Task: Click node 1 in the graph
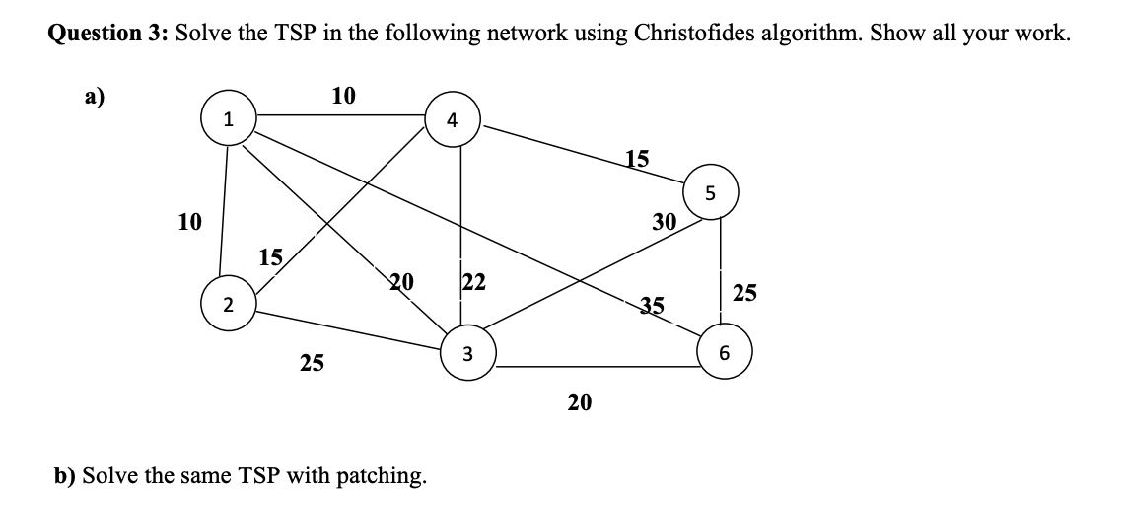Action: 228,120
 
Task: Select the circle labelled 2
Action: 227,304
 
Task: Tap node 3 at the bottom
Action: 467,353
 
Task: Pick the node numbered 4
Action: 452,120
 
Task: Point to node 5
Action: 710,193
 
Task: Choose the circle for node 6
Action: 725,352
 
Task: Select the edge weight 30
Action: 664,222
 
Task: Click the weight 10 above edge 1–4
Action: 344,96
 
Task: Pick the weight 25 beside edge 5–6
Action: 745,292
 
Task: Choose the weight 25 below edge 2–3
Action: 312,364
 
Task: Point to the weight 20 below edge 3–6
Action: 580,401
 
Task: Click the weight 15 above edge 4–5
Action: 638,157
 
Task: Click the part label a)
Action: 95,97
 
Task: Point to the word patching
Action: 382,476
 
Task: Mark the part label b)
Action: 66,476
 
